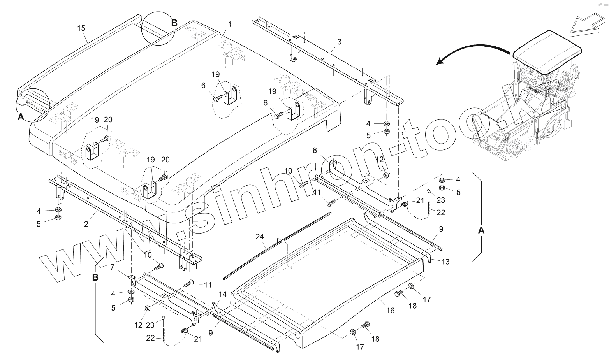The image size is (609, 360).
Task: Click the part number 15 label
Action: [81, 28]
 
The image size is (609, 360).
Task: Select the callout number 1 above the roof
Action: [230, 24]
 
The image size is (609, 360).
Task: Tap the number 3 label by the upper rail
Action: [339, 42]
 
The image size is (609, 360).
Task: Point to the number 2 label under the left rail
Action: [86, 224]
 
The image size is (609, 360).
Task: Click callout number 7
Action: [112, 267]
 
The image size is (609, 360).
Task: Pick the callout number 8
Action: [315, 150]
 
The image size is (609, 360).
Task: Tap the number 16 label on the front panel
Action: [391, 310]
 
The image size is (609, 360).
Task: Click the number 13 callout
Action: [445, 262]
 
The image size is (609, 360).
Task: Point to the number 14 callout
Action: [222, 294]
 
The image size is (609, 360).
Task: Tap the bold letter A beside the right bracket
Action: [481, 230]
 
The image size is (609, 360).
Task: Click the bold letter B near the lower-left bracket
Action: [95, 277]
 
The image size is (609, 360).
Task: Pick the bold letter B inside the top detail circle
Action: [174, 23]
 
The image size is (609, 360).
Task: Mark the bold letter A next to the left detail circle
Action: [21, 116]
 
